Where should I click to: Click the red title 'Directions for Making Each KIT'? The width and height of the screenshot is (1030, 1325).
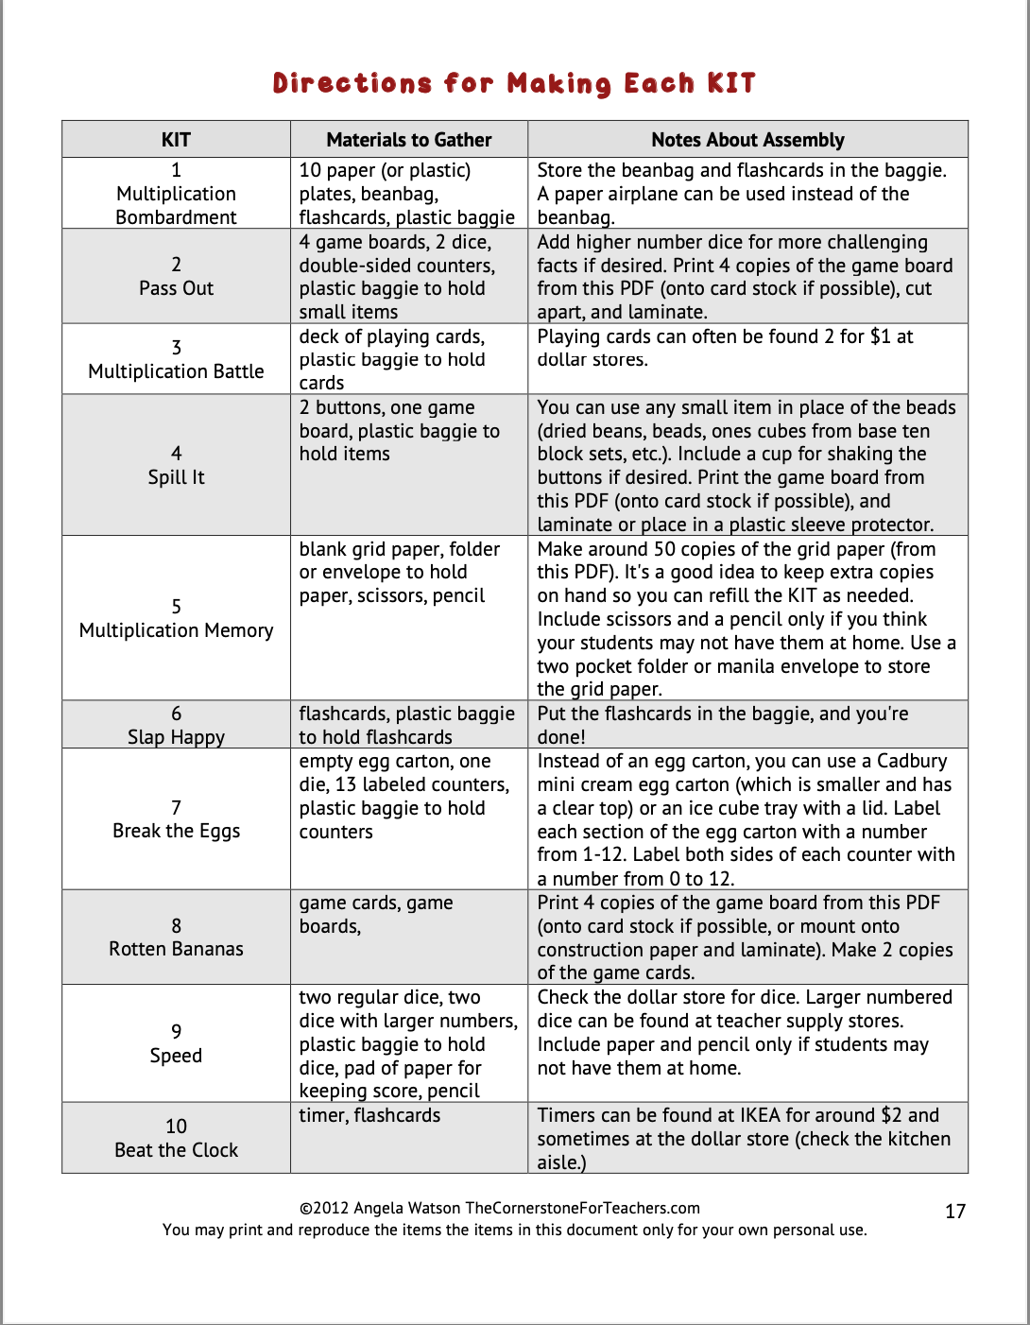[x=514, y=83]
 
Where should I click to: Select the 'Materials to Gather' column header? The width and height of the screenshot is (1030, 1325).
[x=408, y=140]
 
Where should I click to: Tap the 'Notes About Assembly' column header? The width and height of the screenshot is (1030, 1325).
[x=747, y=140]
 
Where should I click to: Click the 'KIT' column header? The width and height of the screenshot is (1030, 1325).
[x=176, y=140]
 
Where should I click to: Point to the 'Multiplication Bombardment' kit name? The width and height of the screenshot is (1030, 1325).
[x=176, y=205]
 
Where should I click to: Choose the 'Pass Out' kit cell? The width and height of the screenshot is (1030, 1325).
[x=176, y=288]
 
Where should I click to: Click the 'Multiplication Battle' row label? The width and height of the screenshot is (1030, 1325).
[x=176, y=371]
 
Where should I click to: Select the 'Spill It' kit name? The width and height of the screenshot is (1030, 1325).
[x=176, y=477]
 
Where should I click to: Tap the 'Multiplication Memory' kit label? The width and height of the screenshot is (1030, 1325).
[x=176, y=630]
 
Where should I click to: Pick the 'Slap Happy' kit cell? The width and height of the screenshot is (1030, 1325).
[x=176, y=737]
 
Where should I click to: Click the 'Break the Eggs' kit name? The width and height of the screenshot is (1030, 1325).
[x=176, y=831]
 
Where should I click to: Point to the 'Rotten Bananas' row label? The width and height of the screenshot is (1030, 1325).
[x=176, y=949]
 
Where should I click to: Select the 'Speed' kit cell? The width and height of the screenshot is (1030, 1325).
[x=176, y=1056]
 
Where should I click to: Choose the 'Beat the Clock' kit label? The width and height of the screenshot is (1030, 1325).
[x=176, y=1150]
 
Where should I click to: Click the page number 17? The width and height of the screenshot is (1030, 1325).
[x=955, y=1212]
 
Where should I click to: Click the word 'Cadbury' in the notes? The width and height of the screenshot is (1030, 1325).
[x=912, y=761]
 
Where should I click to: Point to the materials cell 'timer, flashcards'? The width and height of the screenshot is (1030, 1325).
[x=369, y=1115]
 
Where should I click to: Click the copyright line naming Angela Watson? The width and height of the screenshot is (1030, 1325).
[x=499, y=1208]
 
